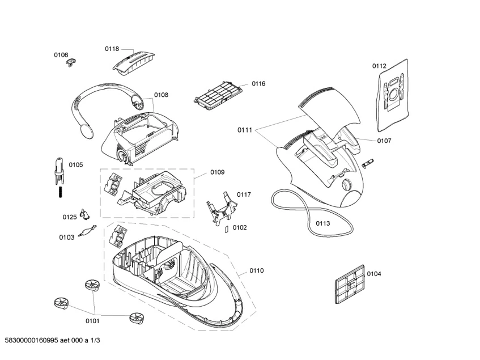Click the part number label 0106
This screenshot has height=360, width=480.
pyautogui.click(x=61, y=55)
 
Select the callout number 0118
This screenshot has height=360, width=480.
pyautogui.click(x=112, y=49)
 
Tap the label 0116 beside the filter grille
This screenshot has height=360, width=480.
pyautogui.click(x=258, y=83)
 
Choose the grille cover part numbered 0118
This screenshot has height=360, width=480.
pyautogui.click(x=133, y=60)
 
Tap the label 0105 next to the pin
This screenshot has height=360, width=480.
pyautogui.click(x=76, y=165)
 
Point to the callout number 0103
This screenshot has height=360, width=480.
pyautogui.click(x=67, y=237)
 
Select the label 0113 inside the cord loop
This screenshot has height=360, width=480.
pyautogui.click(x=322, y=223)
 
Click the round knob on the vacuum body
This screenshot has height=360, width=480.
pyautogui.click(x=347, y=185)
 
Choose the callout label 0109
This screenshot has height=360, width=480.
pyautogui.click(x=217, y=172)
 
